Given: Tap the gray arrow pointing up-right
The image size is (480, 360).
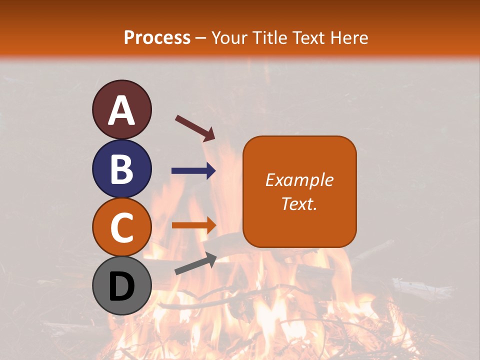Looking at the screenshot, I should pyautogui.click(x=195, y=264).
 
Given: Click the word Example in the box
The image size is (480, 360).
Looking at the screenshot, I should pyautogui.click(x=299, y=180).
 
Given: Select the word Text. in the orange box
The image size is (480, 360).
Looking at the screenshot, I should pyautogui.click(x=299, y=204).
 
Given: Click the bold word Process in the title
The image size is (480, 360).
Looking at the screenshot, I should pyautogui.click(x=157, y=37).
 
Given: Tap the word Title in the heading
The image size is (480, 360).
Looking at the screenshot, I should pyautogui.click(x=271, y=37).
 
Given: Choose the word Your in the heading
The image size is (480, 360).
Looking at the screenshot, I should pyautogui.click(x=230, y=37).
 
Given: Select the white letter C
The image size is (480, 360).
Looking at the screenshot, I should pyautogui.click(x=122, y=227).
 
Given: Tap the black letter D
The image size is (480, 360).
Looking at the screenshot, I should pyautogui.click(x=122, y=286).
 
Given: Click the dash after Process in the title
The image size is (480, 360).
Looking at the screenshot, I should pyautogui.click(x=201, y=38).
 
